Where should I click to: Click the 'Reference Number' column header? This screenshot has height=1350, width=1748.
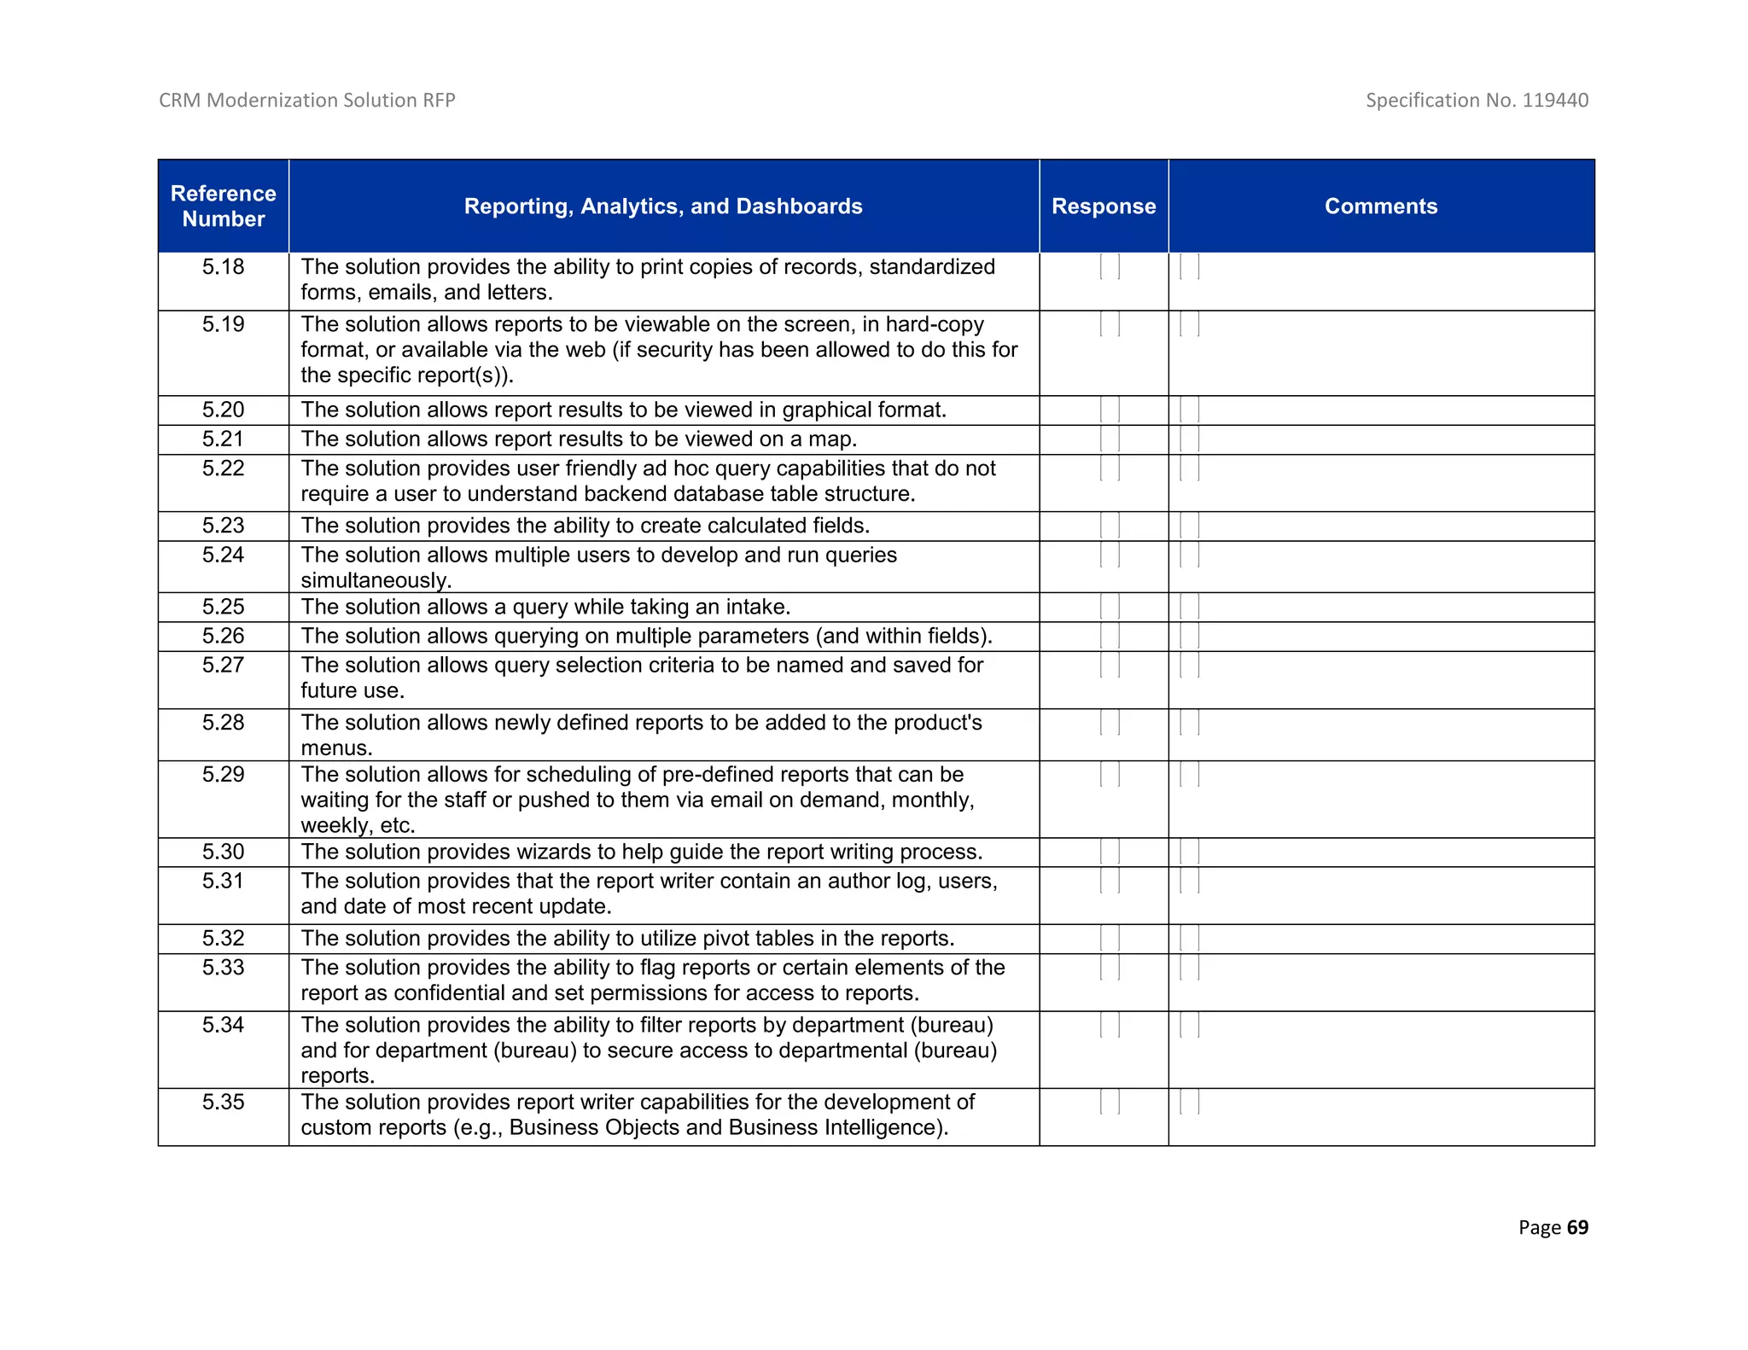pos(223,206)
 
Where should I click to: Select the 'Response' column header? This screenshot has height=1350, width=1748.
pos(1103,207)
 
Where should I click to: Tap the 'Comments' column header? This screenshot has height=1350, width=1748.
pos(1380,207)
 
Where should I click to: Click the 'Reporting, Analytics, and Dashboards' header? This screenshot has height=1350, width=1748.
pos(663,207)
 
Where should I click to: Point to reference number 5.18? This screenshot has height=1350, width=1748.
pos(223,267)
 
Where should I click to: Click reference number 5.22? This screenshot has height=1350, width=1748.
pos(223,468)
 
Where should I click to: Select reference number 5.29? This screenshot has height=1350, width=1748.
pos(223,775)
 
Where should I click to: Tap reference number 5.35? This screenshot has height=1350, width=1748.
pos(223,1103)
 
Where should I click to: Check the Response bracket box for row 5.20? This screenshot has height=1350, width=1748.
pos(1110,410)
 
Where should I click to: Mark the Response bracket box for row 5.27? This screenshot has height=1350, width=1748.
pos(1110,666)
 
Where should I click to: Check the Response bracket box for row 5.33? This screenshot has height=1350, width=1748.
pos(1110,968)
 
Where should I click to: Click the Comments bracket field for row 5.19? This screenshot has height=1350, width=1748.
pos(1189,325)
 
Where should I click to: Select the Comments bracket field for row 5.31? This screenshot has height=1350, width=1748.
pos(1189,882)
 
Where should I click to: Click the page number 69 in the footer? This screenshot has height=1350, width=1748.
pos(1577,1227)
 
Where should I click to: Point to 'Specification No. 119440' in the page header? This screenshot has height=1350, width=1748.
pos(1477,101)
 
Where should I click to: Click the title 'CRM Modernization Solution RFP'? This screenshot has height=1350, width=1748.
pos(307,101)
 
